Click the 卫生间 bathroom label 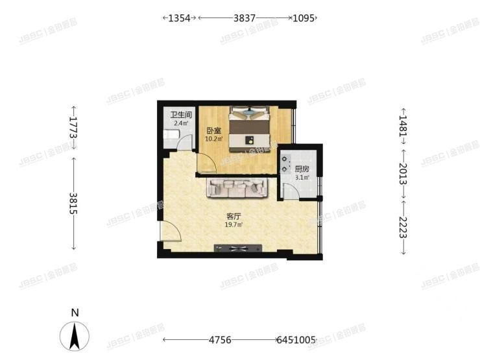click(x=180, y=115)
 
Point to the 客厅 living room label click(x=234, y=217)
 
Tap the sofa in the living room click(x=237, y=187)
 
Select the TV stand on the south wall click(x=238, y=247)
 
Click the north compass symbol click(x=75, y=335)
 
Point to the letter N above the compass click(x=75, y=313)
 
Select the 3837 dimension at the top click(x=244, y=19)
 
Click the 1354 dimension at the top click(x=179, y=19)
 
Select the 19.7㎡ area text click(x=234, y=225)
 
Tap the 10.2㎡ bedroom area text click(x=214, y=138)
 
